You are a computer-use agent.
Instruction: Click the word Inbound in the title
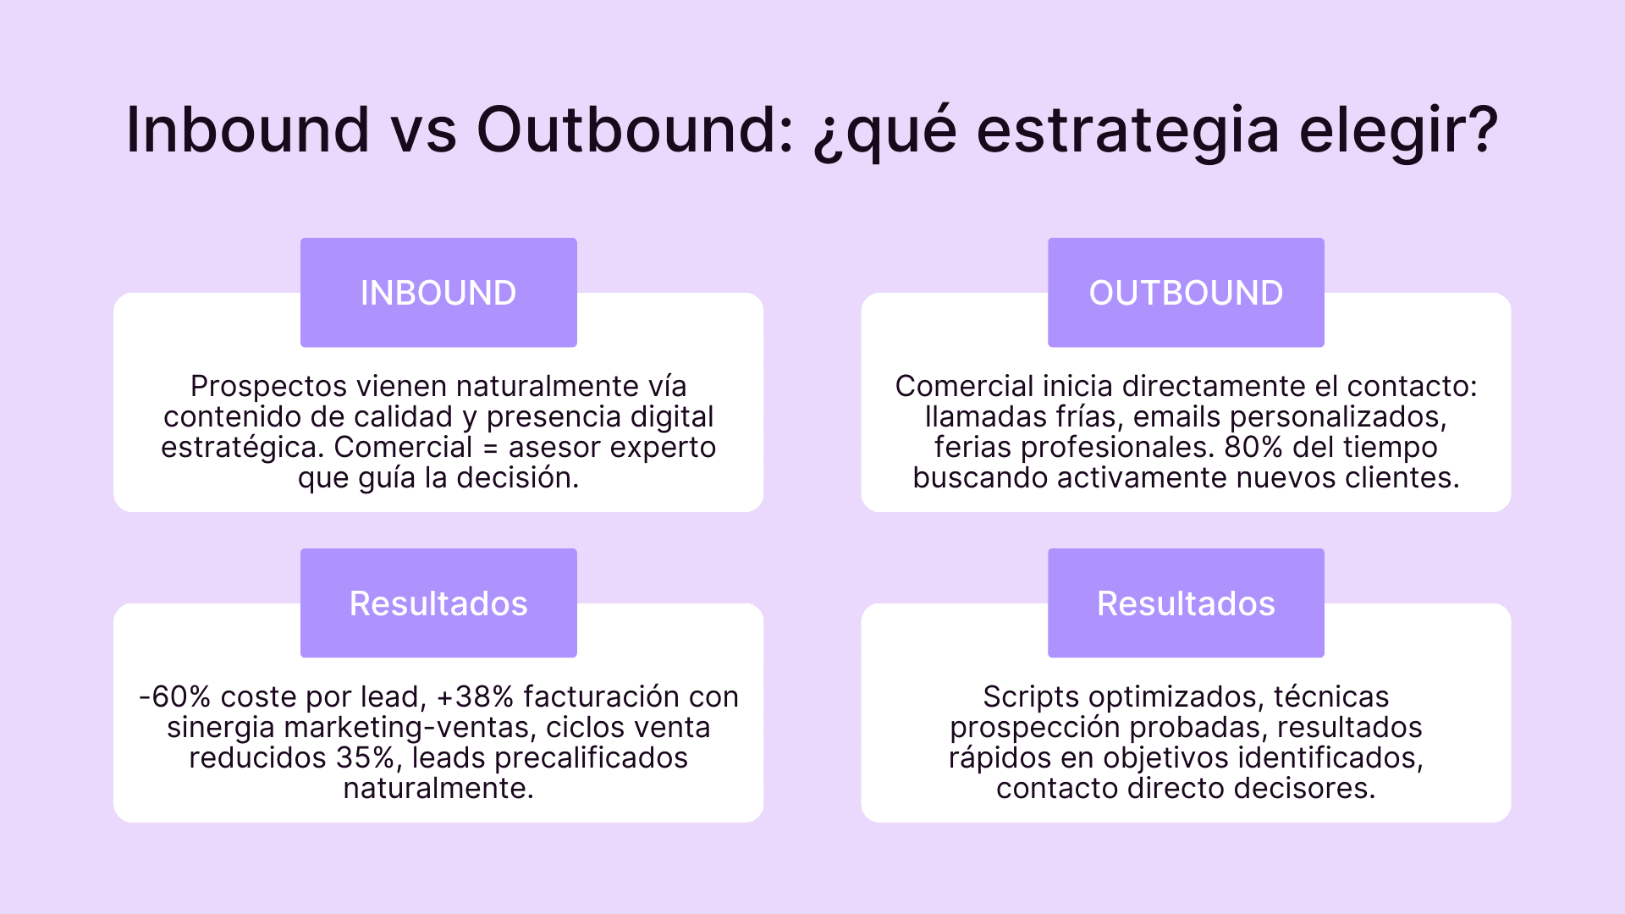click(247, 130)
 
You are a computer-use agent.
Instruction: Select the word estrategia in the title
click(1127, 130)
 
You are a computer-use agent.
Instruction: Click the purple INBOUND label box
click(438, 293)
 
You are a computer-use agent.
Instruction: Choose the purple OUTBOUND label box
click(1186, 293)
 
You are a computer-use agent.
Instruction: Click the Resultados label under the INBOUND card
click(438, 603)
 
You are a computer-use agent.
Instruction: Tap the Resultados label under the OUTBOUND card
click(1186, 603)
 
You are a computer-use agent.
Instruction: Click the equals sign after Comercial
click(490, 448)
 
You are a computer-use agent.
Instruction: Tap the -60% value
click(174, 697)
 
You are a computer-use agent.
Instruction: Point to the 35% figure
click(365, 758)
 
